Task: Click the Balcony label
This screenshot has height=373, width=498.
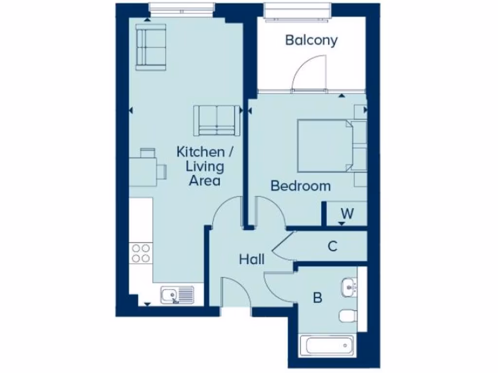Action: [x=311, y=40]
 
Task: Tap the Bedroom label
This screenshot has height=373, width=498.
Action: [x=301, y=186]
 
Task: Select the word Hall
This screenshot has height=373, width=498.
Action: [x=252, y=259]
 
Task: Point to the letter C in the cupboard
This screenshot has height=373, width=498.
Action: [x=332, y=247]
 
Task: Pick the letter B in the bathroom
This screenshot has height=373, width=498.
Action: [x=317, y=298]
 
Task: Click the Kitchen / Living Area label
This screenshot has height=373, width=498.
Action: [x=200, y=166]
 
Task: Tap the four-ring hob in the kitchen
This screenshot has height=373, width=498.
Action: [x=141, y=253]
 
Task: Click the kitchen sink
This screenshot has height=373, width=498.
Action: [x=177, y=295]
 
